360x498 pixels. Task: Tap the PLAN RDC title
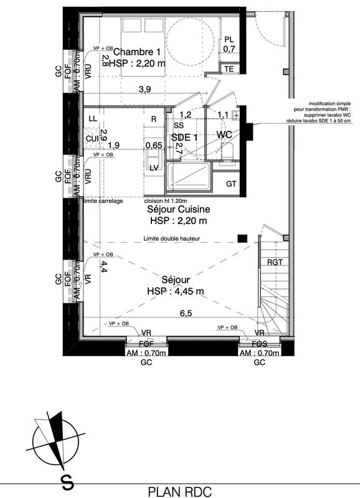[x=179, y=491]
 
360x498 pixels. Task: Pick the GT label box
[x=231, y=184]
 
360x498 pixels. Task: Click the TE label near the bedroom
[x=229, y=68]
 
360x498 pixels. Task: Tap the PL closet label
[x=229, y=39]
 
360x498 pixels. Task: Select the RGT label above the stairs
[x=275, y=262]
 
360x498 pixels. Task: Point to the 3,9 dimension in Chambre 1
[x=144, y=90]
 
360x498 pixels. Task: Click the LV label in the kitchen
[x=153, y=167]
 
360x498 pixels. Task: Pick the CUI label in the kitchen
[x=92, y=138]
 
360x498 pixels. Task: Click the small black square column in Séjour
[x=242, y=237]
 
